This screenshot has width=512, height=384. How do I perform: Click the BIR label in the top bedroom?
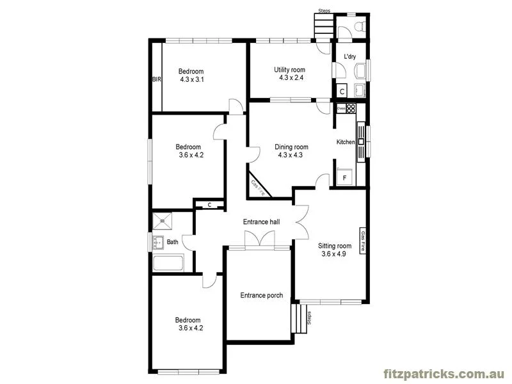point(157,80)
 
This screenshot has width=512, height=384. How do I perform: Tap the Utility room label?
point(289,70)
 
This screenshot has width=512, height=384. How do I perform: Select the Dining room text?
point(291,147)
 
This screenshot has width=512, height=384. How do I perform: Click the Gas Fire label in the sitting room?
point(363,241)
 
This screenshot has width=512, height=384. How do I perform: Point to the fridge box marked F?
point(344,177)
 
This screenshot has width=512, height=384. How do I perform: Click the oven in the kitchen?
point(341,109)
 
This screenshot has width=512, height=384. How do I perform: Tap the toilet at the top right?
point(359,26)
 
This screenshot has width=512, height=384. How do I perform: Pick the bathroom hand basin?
point(157,242)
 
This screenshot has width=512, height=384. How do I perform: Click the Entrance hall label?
point(261,222)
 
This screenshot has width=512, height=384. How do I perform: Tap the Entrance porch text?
point(261,295)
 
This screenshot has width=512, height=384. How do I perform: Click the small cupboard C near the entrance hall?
point(209,205)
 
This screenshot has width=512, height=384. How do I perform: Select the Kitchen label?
point(346,142)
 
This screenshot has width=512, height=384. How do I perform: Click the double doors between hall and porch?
point(259,241)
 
